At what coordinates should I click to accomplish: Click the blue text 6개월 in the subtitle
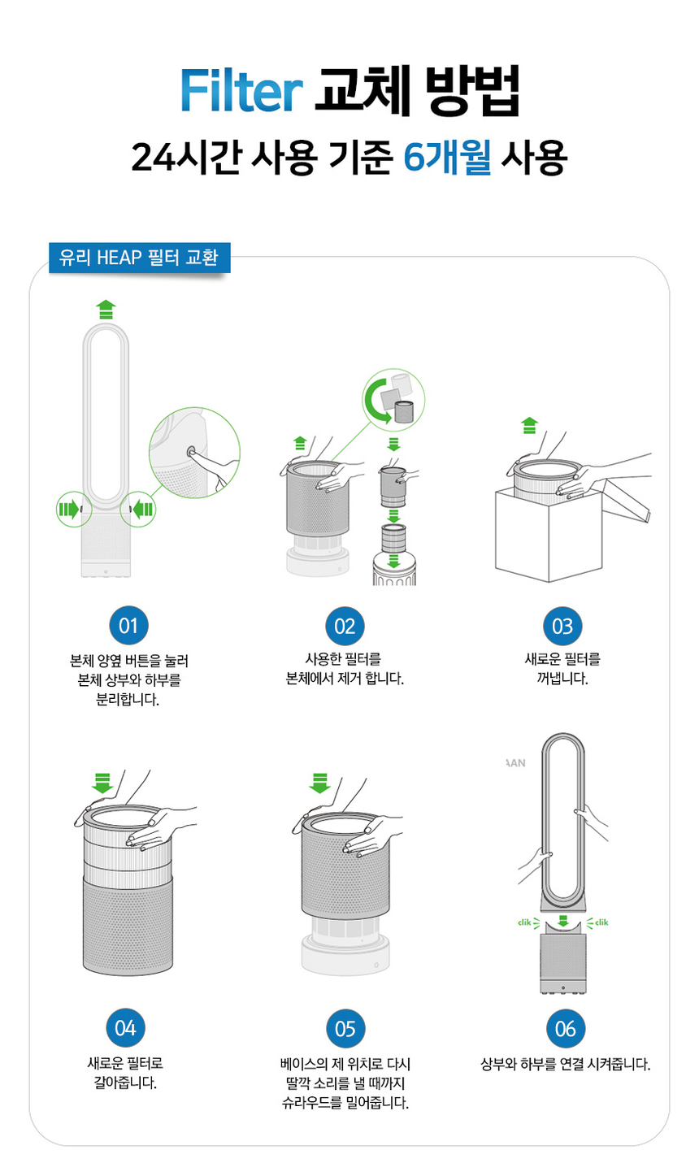[x=447, y=156]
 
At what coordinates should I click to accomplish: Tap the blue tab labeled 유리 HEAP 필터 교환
[x=139, y=258]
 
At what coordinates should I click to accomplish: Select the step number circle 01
[x=128, y=626]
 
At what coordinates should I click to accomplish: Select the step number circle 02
[x=345, y=626]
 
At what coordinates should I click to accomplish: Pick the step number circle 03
[x=562, y=626]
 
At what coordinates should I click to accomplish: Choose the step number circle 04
[x=125, y=1028]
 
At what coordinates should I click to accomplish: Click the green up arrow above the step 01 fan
[x=106, y=309]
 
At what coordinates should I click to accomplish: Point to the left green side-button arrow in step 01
[x=69, y=510]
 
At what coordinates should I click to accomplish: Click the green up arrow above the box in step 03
[x=529, y=425]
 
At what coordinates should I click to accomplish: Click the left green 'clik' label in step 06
[x=529, y=922]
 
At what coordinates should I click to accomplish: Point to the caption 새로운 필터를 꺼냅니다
[x=562, y=668]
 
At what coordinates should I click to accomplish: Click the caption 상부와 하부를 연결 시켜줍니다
[x=565, y=1064]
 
